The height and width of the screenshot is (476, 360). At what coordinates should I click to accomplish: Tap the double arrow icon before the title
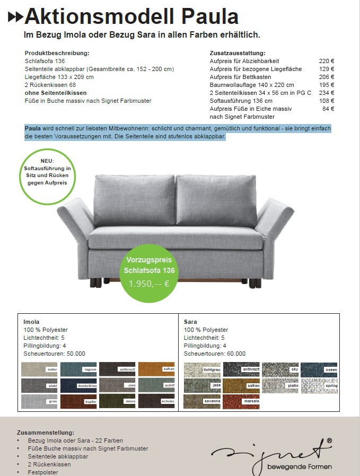point(15,17)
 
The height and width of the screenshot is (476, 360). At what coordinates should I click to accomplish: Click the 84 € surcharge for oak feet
point(328,109)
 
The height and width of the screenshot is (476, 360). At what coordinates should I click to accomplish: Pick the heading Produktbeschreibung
point(57,53)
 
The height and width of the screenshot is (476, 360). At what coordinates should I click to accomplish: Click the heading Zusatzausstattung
point(238,53)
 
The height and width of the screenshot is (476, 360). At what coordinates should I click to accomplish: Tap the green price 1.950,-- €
point(149,284)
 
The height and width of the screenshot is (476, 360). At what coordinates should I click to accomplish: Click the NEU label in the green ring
point(47,160)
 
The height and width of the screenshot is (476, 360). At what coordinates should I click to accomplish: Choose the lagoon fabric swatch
point(78,369)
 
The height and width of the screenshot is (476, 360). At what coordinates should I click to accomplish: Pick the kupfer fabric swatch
point(78,401)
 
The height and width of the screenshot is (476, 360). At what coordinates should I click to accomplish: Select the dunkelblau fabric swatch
point(78,385)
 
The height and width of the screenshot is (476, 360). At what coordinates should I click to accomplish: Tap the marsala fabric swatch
point(241,401)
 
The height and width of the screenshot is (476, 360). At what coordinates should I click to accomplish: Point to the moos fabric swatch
point(117,401)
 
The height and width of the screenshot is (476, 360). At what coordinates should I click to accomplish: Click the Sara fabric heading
point(190,322)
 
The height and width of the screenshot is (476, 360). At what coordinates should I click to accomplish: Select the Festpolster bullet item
point(43,472)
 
